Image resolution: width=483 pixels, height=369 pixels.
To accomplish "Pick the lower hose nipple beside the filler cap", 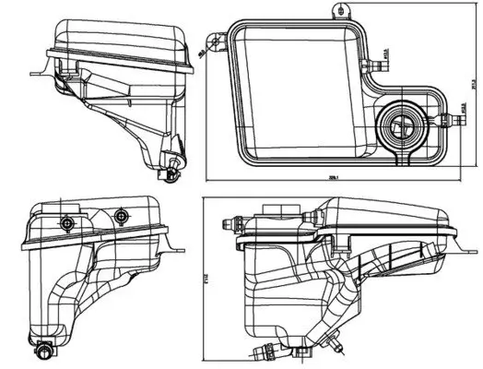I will (x=453, y=117).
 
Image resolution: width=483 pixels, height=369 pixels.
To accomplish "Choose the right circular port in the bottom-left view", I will (x=119, y=216).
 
